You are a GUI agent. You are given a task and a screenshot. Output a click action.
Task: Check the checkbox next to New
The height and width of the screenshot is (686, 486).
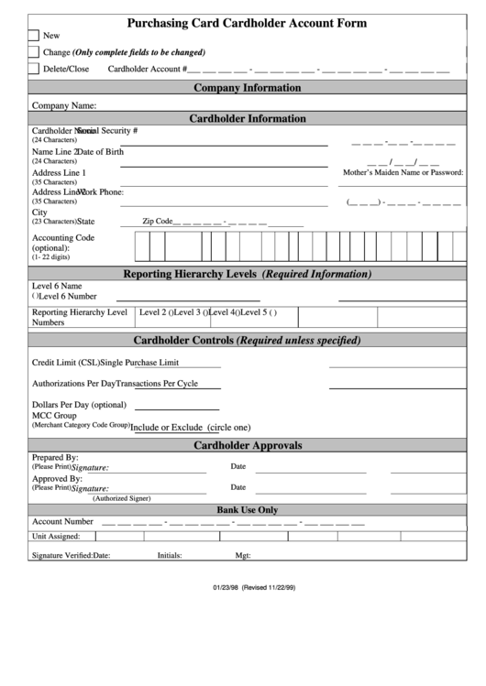pos(34,36)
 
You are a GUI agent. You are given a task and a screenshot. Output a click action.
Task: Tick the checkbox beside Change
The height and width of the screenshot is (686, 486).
pos(34,52)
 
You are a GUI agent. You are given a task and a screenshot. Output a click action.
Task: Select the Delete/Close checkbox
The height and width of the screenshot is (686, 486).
pos(34,69)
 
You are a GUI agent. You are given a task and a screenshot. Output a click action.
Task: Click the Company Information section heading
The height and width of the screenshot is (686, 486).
pos(246,88)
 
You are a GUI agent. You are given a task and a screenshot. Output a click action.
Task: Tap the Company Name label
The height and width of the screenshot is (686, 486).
pos(64,105)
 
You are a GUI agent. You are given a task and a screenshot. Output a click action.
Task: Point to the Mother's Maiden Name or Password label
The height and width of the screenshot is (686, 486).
pos(403,172)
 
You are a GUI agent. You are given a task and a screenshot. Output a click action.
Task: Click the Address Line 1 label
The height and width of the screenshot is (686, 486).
pos(59,172)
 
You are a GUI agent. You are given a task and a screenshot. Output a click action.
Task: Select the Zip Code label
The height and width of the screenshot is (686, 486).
pos(157,221)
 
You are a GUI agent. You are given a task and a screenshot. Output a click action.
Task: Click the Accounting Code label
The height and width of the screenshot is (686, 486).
pos(63,237)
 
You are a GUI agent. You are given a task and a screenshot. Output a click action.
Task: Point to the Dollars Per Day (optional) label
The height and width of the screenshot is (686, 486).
pos(79,405)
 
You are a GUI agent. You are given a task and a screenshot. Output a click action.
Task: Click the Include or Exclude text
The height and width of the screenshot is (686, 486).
pos(167,427)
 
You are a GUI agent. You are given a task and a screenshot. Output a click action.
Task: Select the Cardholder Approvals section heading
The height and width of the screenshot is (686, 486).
pos(248,445)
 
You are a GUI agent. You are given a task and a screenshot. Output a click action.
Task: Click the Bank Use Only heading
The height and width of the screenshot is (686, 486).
pos(247,509)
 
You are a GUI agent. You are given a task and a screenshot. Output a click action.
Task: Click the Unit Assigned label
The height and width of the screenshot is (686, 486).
pos(56,537)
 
